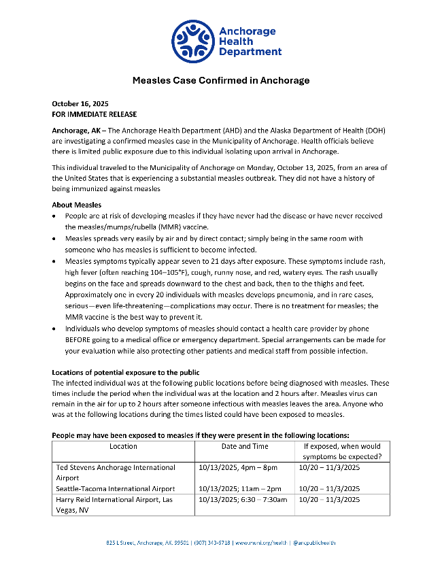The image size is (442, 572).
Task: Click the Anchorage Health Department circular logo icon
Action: (x=193, y=42)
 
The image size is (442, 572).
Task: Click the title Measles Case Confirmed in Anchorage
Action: (x=221, y=80)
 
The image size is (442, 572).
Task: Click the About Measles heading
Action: (x=77, y=205)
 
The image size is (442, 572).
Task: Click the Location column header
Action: (x=123, y=447)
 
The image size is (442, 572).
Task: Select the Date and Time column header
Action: (x=245, y=447)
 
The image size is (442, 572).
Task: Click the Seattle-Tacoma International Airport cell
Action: (x=114, y=488)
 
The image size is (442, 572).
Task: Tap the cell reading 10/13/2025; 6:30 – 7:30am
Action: (x=243, y=500)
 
